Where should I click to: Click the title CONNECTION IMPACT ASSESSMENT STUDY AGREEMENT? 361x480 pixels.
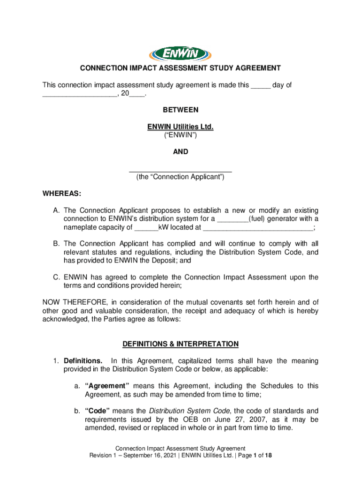tap(180, 68)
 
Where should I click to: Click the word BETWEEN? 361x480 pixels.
tap(180, 110)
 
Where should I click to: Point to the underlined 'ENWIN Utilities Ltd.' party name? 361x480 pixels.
tap(180, 127)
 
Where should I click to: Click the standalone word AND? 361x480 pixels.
tap(180, 152)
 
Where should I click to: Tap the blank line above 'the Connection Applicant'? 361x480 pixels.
tap(180, 170)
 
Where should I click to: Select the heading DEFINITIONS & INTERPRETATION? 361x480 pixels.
tap(180, 345)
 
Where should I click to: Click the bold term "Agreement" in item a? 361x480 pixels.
tap(107, 386)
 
